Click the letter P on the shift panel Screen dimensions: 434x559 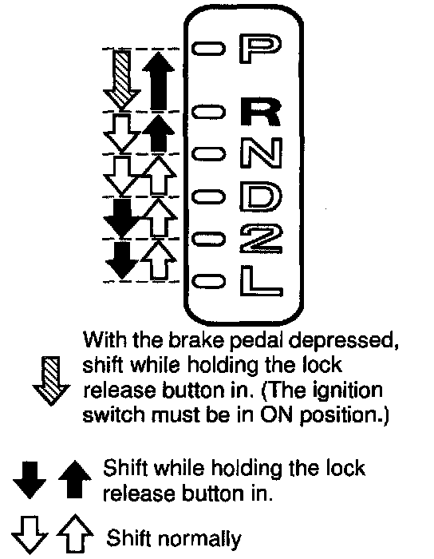click(260, 49)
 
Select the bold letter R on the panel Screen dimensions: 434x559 click(261, 111)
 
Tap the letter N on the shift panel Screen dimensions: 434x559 click(261, 153)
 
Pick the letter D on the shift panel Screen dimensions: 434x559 click(261, 195)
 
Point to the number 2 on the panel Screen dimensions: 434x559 click(261, 238)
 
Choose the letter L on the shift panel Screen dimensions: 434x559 click(261, 280)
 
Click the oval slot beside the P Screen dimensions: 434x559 click(209, 49)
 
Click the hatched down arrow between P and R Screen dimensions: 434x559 click(122, 80)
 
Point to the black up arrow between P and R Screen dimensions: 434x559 click(158, 81)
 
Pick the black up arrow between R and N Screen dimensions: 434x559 click(158, 133)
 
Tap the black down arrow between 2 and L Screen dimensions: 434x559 click(122, 260)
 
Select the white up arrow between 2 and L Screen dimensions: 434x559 click(159, 260)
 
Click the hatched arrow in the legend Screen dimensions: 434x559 click(52, 381)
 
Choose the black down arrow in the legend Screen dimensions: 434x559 click(30, 480)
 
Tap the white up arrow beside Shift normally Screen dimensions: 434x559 click(75, 533)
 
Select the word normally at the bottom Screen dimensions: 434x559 click(199, 539)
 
